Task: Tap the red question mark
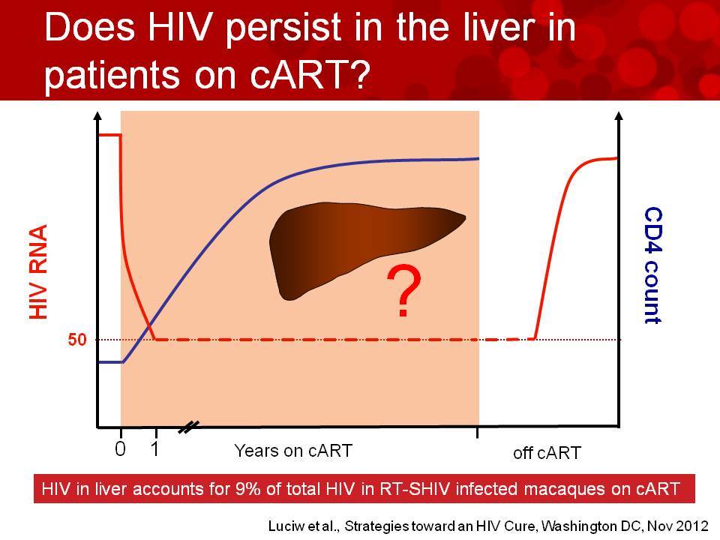tap(403, 291)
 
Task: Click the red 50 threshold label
tap(77, 340)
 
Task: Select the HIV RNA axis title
tap(38, 271)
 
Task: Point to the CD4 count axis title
tap(653, 265)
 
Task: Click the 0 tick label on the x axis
tap(120, 448)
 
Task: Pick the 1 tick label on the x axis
tap(154, 448)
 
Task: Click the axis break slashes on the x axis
tap(189, 427)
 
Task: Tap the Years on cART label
tap(293, 451)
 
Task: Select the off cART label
tap(547, 453)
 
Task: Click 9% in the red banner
tap(248, 488)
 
